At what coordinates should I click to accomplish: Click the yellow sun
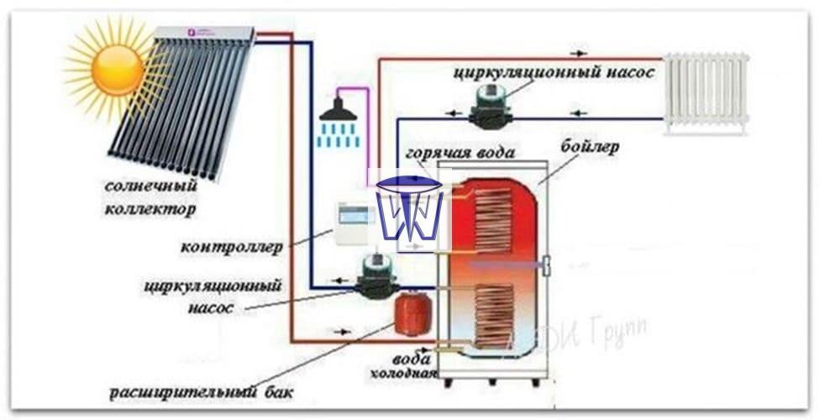tap(117, 69)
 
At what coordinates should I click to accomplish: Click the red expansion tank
tap(412, 313)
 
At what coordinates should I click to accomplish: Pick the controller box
tap(355, 223)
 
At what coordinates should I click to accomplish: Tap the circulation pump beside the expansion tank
tap(375, 277)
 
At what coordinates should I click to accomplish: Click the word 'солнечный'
tap(152, 185)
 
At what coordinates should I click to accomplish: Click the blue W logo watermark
tap(408, 207)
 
